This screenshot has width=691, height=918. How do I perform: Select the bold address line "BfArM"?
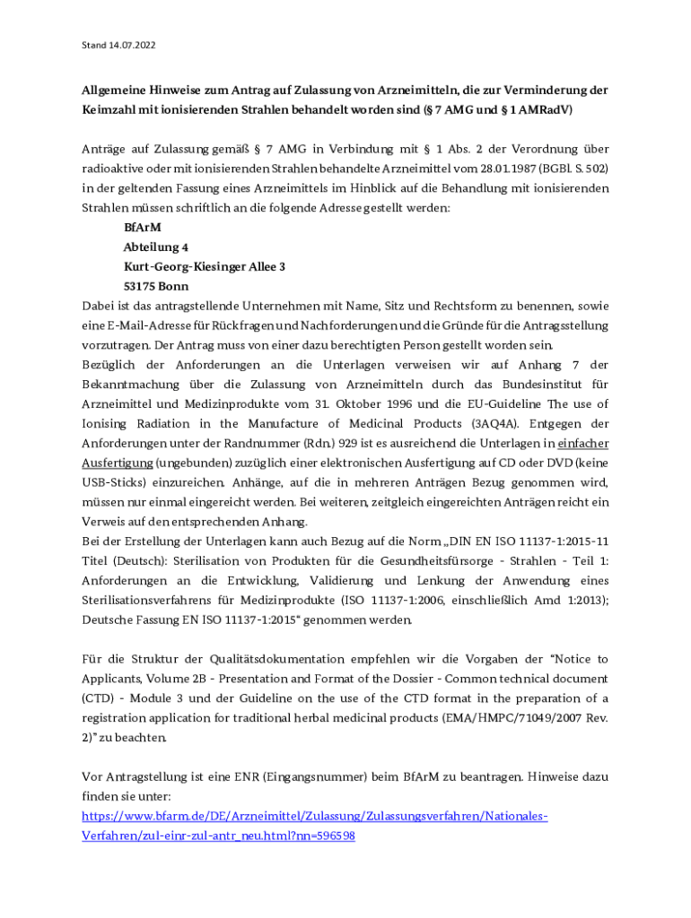point(136,228)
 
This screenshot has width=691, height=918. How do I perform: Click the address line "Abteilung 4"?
point(156,247)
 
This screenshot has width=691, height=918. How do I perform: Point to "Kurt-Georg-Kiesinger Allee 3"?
point(205,266)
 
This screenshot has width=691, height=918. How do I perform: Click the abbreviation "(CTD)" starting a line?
point(97,698)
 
